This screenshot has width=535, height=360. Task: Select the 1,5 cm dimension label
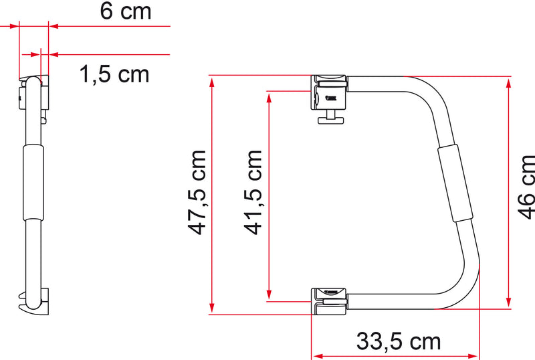coord(114,74)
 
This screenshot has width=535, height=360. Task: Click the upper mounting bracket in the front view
coord(329,93)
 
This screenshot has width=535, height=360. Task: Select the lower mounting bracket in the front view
coord(329,299)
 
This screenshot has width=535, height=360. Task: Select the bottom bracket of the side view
coord(36,301)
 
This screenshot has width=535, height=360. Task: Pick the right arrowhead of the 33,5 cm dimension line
coord(477,355)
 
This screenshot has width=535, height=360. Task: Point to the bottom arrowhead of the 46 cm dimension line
coord(510,301)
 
